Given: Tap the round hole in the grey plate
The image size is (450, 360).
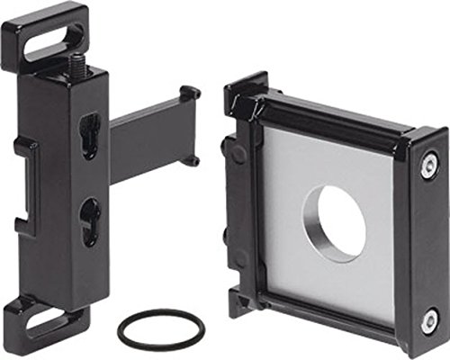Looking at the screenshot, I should tap(335, 222).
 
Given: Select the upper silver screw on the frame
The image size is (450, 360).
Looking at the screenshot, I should tap(429, 164).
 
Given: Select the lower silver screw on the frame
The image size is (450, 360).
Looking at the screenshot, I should tap(430, 320).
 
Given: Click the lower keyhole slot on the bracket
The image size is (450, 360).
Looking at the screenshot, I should tap(88, 220).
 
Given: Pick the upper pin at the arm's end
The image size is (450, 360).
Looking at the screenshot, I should tap(189, 93).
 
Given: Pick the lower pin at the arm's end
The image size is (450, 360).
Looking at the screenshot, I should tap(191, 161).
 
